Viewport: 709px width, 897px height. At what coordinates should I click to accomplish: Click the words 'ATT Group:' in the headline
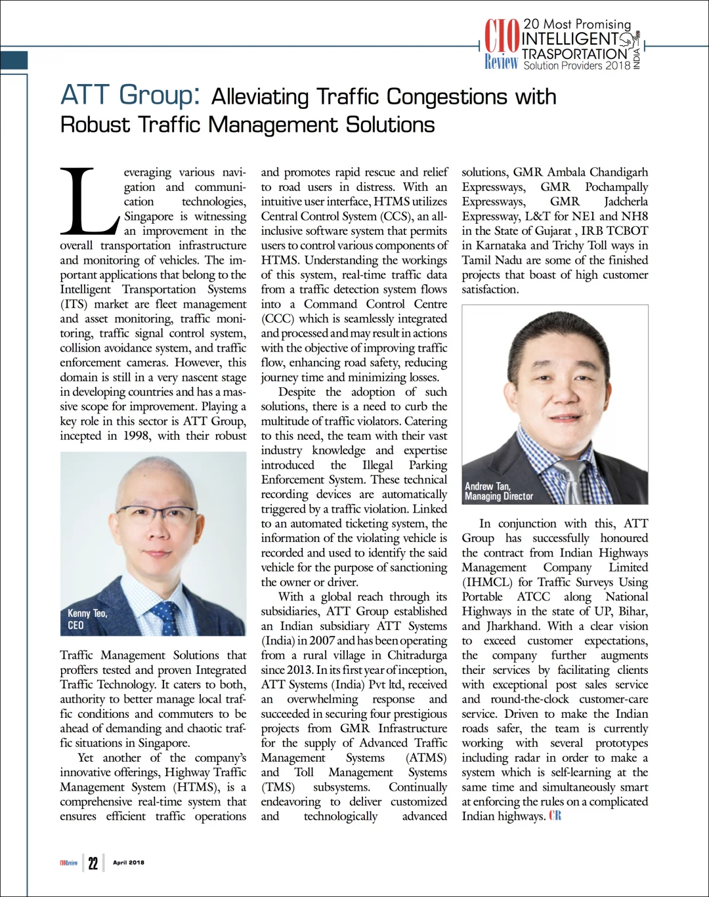(130, 96)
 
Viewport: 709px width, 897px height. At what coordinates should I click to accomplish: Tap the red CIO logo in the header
(502, 37)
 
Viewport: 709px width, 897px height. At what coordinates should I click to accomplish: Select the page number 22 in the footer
(93, 863)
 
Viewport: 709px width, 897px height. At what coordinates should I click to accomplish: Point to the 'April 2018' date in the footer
(129, 863)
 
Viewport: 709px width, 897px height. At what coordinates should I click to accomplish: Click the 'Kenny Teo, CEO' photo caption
(87, 619)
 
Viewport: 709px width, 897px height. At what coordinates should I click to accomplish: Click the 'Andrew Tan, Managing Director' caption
(499, 491)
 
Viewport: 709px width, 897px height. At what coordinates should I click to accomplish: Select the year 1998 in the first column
(136, 436)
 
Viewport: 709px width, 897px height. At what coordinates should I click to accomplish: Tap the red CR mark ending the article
(555, 816)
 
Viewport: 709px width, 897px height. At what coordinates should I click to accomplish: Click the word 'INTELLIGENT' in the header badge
(570, 39)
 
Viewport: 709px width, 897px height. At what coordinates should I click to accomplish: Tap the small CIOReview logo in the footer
(68, 863)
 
